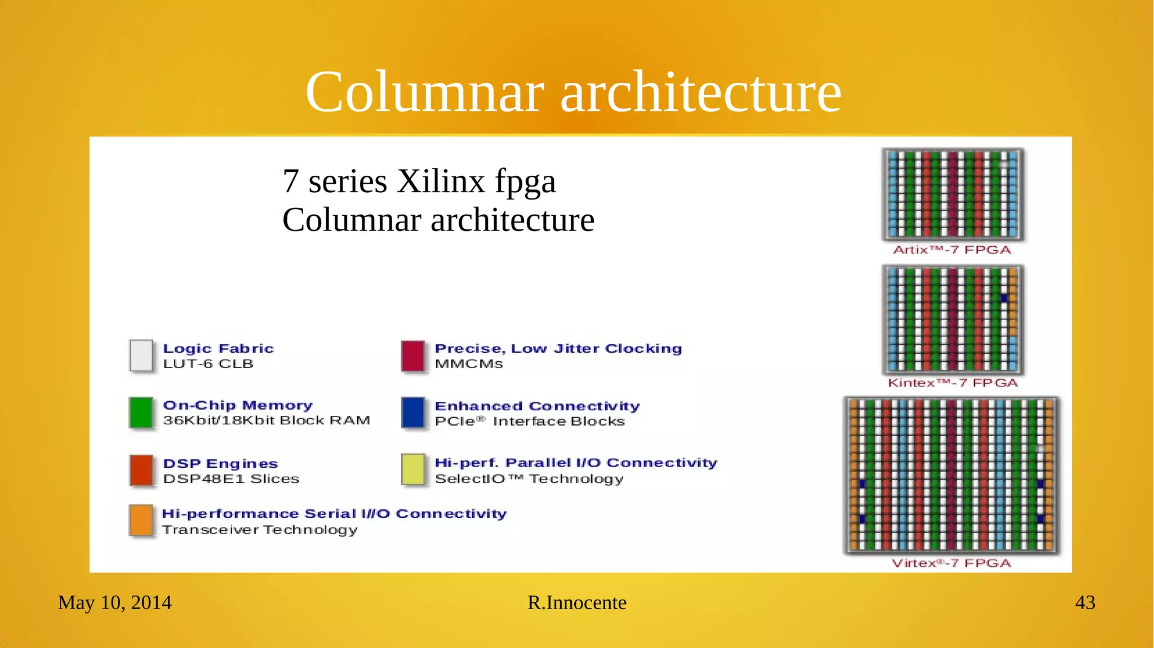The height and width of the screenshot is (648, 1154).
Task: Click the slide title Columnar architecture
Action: (573, 92)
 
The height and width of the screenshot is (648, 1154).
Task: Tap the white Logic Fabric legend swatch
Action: (141, 356)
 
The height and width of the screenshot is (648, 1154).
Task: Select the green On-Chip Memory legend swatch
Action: (141, 412)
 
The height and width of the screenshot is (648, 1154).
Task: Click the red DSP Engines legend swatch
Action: (141, 470)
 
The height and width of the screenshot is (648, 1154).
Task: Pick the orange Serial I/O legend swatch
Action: (141, 520)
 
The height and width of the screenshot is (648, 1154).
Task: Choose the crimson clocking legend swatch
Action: (412, 356)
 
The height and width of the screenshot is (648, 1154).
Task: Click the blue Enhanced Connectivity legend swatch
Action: (412, 412)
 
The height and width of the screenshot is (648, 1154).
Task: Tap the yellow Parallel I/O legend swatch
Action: (412, 469)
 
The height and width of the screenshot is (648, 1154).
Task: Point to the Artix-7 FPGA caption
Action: (952, 250)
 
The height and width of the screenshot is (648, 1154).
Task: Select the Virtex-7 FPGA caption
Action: (951, 563)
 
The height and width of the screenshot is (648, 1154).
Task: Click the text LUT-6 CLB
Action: (208, 364)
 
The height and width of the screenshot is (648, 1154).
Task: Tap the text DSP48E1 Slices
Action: (231, 479)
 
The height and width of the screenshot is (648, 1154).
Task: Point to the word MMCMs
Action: (469, 364)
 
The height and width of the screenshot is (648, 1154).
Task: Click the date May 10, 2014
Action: (114, 602)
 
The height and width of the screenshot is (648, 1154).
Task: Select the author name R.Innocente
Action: (576, 602)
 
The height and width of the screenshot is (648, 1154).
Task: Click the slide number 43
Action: (1085, 602)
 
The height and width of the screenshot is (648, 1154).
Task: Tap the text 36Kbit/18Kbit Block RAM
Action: (267, 420)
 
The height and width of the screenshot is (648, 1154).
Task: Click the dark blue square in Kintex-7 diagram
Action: (1004, 298)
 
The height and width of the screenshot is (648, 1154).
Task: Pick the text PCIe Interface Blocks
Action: (530, 421)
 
